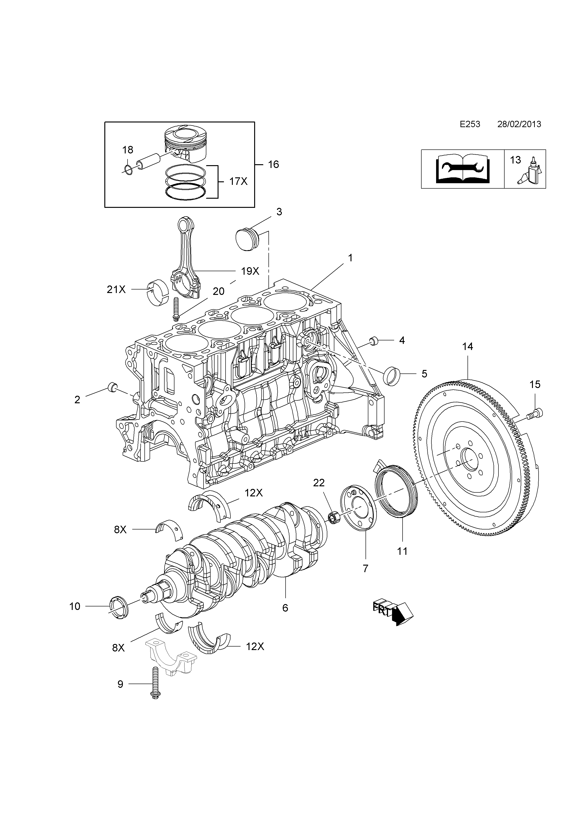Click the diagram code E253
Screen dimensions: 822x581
(470, 124)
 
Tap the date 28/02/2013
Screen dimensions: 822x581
(519, 124)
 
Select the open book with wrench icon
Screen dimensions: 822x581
(463, 169)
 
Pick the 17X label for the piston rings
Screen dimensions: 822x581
(238, 182)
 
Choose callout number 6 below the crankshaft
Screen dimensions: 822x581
(285, 608)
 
